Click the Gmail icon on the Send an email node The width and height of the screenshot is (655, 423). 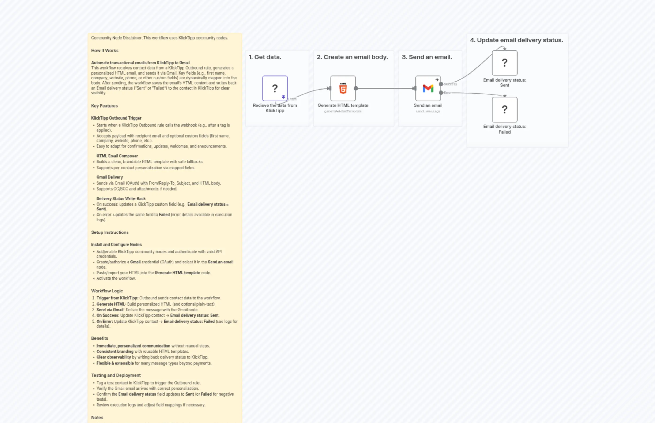pos(428,88)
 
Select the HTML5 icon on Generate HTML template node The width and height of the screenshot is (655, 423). pos(343,88)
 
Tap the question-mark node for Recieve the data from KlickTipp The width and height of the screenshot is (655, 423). pos(275,88)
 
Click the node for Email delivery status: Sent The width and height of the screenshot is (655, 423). pos(504,63)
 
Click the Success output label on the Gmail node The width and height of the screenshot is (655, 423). pos(450,84)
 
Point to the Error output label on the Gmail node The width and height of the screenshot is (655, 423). pos(448,93)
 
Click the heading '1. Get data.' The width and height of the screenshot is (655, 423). pos(265,57)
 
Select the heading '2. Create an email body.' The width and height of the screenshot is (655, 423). pos(352,57)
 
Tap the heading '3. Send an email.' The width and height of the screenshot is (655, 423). pos(427,57)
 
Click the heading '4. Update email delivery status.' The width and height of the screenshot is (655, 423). pos(516,40)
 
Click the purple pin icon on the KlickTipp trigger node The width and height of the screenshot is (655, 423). pos(283,97)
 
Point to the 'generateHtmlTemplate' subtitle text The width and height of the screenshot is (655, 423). pos(343,111)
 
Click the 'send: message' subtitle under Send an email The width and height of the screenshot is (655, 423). pos(428,111)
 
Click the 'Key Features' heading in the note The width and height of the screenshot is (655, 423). pos(104,106)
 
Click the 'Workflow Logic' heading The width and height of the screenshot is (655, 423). pos(107,291)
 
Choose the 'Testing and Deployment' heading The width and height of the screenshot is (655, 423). pos(116,375)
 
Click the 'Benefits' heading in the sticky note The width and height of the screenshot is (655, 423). pos(99,338)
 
